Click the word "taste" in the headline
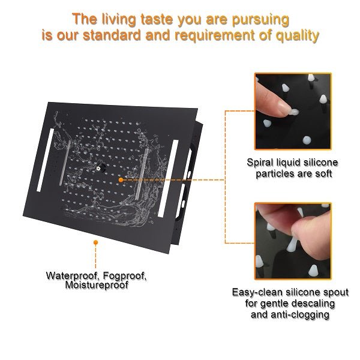[157, 20]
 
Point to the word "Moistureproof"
[97, 286]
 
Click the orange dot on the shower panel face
[121, 180]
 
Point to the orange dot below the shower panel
[96, 242]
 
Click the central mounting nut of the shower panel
[100, 168]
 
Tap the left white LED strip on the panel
[45, 160]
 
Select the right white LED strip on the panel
[168, 179]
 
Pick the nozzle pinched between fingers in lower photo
[292, 244]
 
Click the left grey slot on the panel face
[65, 163]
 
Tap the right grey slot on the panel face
[142, 174]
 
